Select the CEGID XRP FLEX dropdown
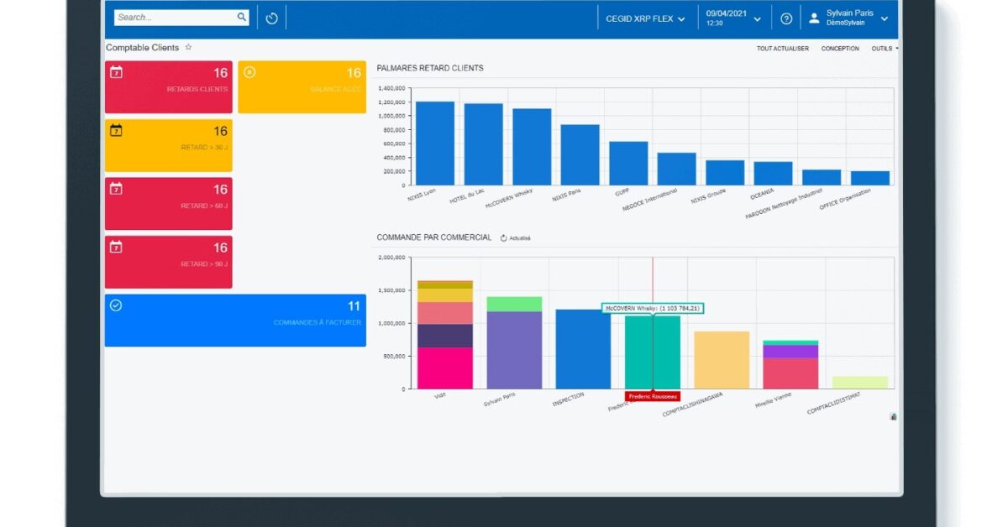[645, 18]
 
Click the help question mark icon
[786, 18]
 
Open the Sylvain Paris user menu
[848, 18]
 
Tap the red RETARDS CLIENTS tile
[168, 86]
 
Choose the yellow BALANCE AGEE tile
[302, 86]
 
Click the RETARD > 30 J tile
[168, 145]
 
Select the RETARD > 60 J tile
[168, 203]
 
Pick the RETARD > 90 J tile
[168, 262]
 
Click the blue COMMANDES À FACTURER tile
[235, 320]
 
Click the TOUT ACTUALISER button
[782, 49]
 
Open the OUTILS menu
[884, 49]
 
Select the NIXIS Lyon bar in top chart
[435, 143]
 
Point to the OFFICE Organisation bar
[869, 178]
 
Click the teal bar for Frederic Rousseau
[652, 352]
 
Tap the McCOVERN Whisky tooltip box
[653, 309]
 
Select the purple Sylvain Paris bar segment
[514, 350]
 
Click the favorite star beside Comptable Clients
[188, 48]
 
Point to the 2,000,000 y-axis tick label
[391, 258]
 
